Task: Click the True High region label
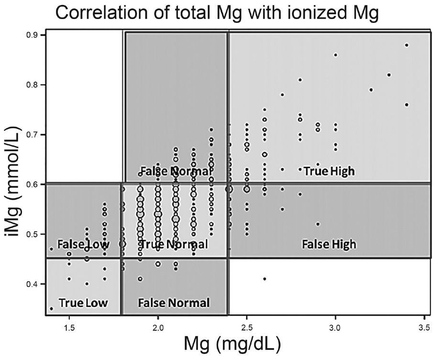329,170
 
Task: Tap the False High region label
329,244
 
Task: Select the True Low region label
83,303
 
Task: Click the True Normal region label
174,244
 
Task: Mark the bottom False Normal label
174,303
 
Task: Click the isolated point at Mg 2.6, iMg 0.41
264,279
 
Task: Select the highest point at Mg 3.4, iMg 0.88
407,45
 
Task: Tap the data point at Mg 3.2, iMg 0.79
371,90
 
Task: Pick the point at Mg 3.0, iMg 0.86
335,55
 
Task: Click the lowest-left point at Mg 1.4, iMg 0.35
51,309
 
